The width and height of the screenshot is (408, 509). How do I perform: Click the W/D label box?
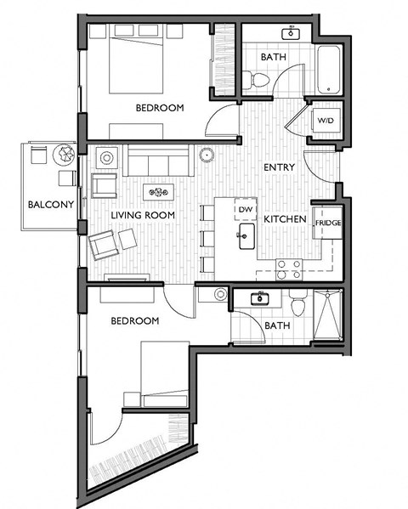(x=326, y=120)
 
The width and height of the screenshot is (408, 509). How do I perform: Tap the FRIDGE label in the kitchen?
(x=327, y=223)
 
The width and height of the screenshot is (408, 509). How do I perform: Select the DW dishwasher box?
(x=246, y=210)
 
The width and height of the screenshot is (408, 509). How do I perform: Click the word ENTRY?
(x=279, y=167)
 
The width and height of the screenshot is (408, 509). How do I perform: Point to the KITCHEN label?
(x=284, y=219)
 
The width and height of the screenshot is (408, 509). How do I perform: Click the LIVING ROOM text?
(x=143, y=216)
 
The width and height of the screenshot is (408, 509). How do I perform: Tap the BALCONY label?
(x=44, y=205)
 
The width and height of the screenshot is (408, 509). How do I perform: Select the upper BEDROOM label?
(x=160, y=107)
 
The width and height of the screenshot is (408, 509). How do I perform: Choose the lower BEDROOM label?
(x=135, y=320)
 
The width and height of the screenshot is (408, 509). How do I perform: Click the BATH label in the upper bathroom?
(x=274, y=57)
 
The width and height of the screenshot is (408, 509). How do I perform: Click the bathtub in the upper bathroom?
(x=328, y=69)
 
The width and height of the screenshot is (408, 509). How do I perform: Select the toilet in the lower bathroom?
(x=298, y=303)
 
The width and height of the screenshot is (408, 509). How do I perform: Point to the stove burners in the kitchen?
(x=289, y=269)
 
